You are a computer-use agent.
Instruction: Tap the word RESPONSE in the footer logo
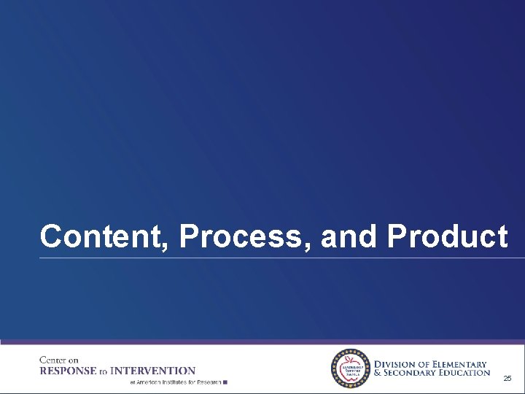tap(68, 371)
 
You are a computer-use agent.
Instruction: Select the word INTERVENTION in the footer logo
tap(156, 371)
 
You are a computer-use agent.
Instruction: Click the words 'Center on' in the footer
tap(58, 360)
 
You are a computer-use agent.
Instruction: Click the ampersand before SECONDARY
tap(378, 373)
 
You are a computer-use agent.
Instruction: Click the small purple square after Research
tap(226, 382)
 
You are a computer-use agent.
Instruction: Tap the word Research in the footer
tap(207, 382)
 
